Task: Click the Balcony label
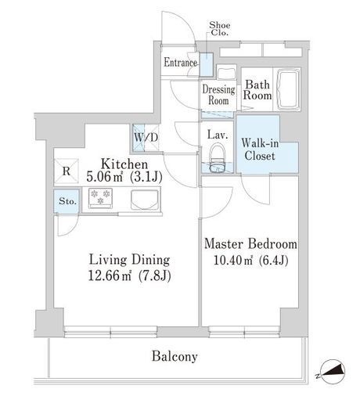175,356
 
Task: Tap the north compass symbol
332,372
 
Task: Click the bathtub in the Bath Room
288,89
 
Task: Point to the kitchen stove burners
100,198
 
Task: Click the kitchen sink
145,200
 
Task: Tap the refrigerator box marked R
67,171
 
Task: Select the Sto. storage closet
67,201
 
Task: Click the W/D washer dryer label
146,137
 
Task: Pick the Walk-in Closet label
260,149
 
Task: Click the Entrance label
180,63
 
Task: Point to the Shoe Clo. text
220,29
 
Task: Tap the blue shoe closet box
207,64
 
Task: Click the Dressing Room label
218,95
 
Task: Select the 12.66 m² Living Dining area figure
130,276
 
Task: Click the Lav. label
218,135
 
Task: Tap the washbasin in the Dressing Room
226,73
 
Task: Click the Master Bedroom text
250,244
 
